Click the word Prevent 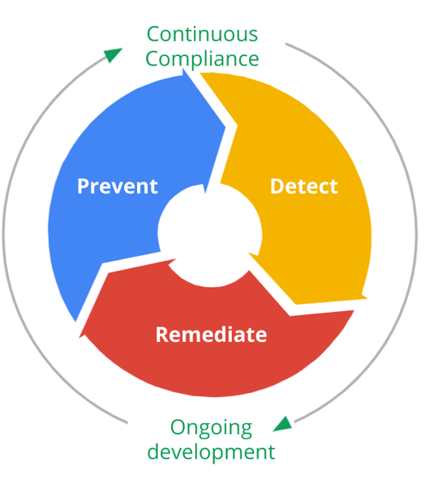(x=118, y=186)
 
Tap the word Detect (x=304, y=186)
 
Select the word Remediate (x=211, y=335)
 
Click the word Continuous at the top (x=202, y=34)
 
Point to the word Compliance (x=202, y=58)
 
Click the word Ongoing (x=211, y=428)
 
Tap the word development (x=211, y=452)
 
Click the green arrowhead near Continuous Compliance (x=112, y=54)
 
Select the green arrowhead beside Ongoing (x=283, y=425)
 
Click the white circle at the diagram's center (x=210, y=233)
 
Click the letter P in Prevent (x=84, y=186)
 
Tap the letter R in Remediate (x=162, y=335)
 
